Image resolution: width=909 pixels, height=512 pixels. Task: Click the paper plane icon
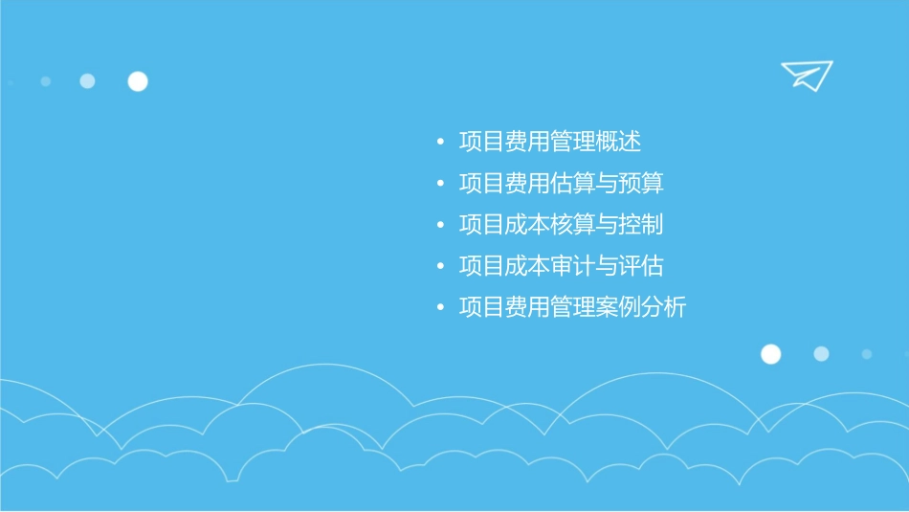tap(806, 75)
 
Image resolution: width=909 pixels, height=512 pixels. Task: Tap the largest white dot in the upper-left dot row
tap(138, 81)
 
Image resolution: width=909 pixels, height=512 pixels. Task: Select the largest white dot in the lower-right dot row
tap(770, 354)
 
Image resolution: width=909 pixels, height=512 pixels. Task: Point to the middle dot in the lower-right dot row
tap(821, 354)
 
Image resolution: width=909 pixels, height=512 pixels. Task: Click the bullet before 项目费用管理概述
tap(439, 144)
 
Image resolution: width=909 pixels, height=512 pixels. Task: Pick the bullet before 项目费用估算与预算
tap(439, 185)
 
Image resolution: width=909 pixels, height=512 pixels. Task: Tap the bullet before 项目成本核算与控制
tap(439, 226)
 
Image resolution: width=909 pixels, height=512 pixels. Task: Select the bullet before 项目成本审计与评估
tap(439, 267)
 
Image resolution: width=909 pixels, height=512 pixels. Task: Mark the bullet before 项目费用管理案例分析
tap(439, 308)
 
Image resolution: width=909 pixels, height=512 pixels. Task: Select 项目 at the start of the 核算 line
tap(481, 225)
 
